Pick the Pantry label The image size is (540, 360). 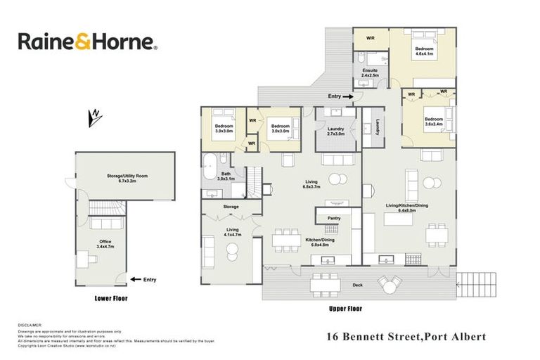tap(334, 218)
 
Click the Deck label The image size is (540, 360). tap(359, 285)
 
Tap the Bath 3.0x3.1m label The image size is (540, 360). tap(226, 176)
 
